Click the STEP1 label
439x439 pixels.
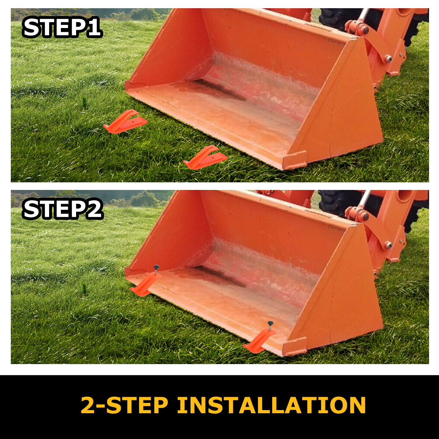coord(62,28)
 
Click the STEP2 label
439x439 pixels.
coord(63,210)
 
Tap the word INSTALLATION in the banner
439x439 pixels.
coord(271,405)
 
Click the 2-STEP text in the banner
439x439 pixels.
coord(124,405)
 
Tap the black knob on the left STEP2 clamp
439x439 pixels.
coord(157,267)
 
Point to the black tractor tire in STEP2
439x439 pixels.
coord(337,202)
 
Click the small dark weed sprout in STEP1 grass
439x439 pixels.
coord(85,102)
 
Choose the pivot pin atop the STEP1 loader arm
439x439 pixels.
coord(365,30)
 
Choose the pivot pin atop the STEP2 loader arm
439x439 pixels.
coord(365,217)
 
